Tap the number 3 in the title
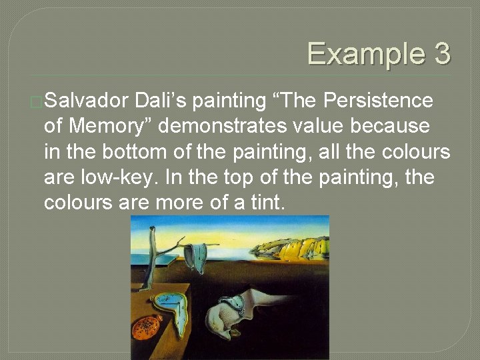(x=441, y=54)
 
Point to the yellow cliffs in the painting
(x=300, y=247)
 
